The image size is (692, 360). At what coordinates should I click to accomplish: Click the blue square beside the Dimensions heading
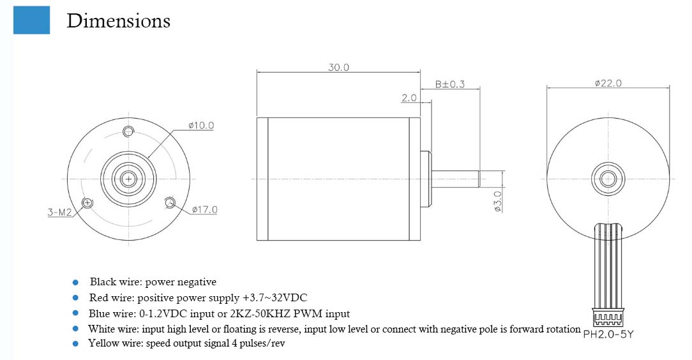click(31, 20)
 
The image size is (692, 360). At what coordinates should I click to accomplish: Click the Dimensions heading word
click(118, 21)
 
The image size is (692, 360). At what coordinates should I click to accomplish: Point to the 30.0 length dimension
click(338, 67)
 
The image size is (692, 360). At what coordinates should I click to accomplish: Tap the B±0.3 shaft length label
click(449, 84)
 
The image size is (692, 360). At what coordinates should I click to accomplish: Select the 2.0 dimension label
click(409, 98)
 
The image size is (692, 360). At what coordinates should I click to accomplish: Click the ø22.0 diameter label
click(607, 84)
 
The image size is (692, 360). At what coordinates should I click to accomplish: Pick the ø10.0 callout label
click(201, 126)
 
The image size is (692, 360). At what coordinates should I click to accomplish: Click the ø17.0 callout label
click(204, 209)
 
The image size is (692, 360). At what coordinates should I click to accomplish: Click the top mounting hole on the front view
click(128, 131)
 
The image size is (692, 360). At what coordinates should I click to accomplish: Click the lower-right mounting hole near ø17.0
click(170, 203)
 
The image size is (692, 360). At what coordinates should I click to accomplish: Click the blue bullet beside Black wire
click(75, 281)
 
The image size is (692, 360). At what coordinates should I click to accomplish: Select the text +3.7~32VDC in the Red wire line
click(275, 298)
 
